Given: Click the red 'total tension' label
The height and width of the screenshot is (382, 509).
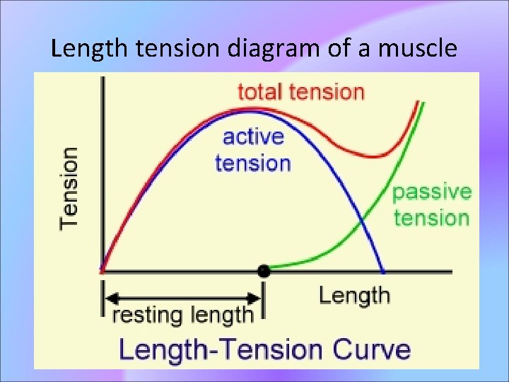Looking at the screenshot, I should (300, 92).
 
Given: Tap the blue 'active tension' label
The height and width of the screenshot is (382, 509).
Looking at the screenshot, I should (252, 149).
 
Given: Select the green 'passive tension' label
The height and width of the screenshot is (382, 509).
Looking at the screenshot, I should (431, 204).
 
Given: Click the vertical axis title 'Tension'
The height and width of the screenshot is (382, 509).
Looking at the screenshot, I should (69, 187).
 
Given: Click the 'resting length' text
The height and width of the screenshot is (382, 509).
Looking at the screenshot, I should (182, 314).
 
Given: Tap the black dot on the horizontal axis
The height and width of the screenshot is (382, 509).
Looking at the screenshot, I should (264, 270).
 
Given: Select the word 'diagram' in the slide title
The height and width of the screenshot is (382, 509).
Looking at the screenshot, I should (259, 50).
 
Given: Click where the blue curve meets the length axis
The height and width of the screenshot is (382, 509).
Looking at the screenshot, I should (384, 271).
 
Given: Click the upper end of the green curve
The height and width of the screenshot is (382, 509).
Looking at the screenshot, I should (422, 104).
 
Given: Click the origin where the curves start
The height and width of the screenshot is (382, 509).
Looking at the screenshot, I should (103, 270).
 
